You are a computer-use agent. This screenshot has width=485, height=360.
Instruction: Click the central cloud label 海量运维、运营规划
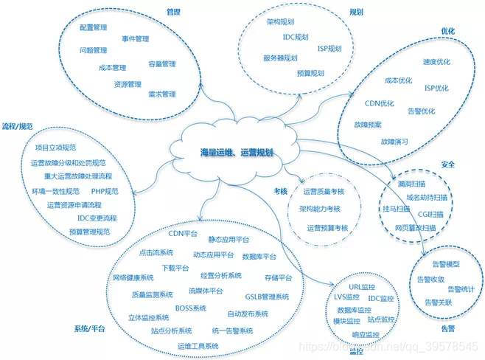[x=237, y=151]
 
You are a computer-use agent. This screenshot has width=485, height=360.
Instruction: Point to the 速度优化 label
[x=436, y=63]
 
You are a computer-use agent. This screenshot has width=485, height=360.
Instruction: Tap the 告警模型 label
[x=444, y=263]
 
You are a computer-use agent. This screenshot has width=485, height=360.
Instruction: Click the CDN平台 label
[x=184, y=233]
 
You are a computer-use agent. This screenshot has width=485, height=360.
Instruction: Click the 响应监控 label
[x=364, y=334]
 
